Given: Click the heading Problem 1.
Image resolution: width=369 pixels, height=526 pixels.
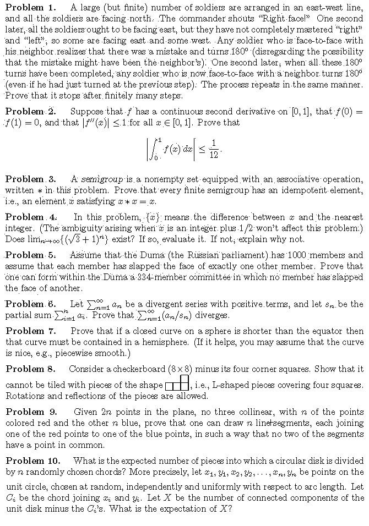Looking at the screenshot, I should (x=31, y=8).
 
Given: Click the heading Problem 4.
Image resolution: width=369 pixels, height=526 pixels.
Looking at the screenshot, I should (x=31, y=217).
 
